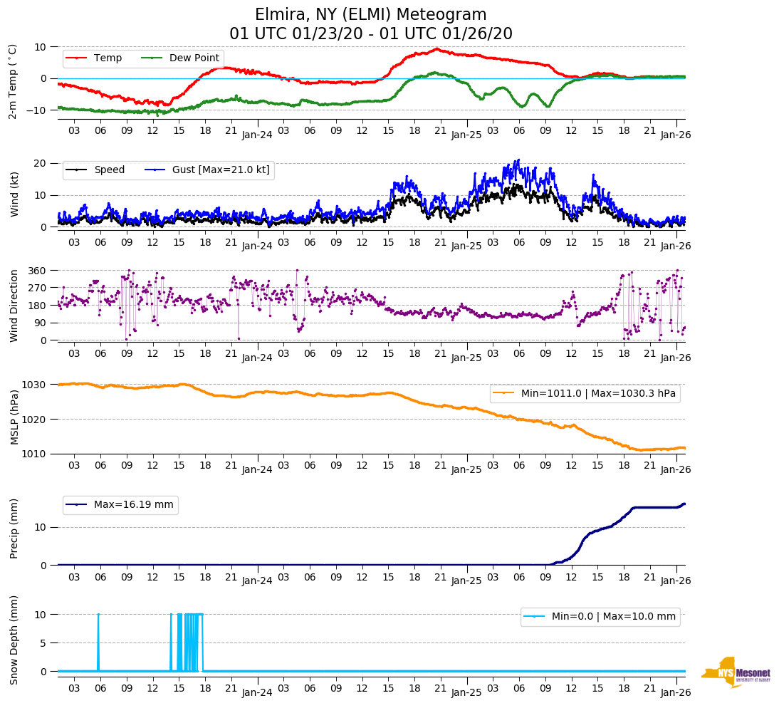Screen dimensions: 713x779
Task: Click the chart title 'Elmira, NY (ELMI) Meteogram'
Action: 371,15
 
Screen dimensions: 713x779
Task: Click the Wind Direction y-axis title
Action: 14,305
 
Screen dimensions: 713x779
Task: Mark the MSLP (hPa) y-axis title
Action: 14,417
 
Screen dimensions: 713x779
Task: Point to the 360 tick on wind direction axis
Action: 37,271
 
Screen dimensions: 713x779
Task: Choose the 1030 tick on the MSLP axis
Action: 34,385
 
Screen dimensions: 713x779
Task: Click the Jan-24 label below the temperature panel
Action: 257,134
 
